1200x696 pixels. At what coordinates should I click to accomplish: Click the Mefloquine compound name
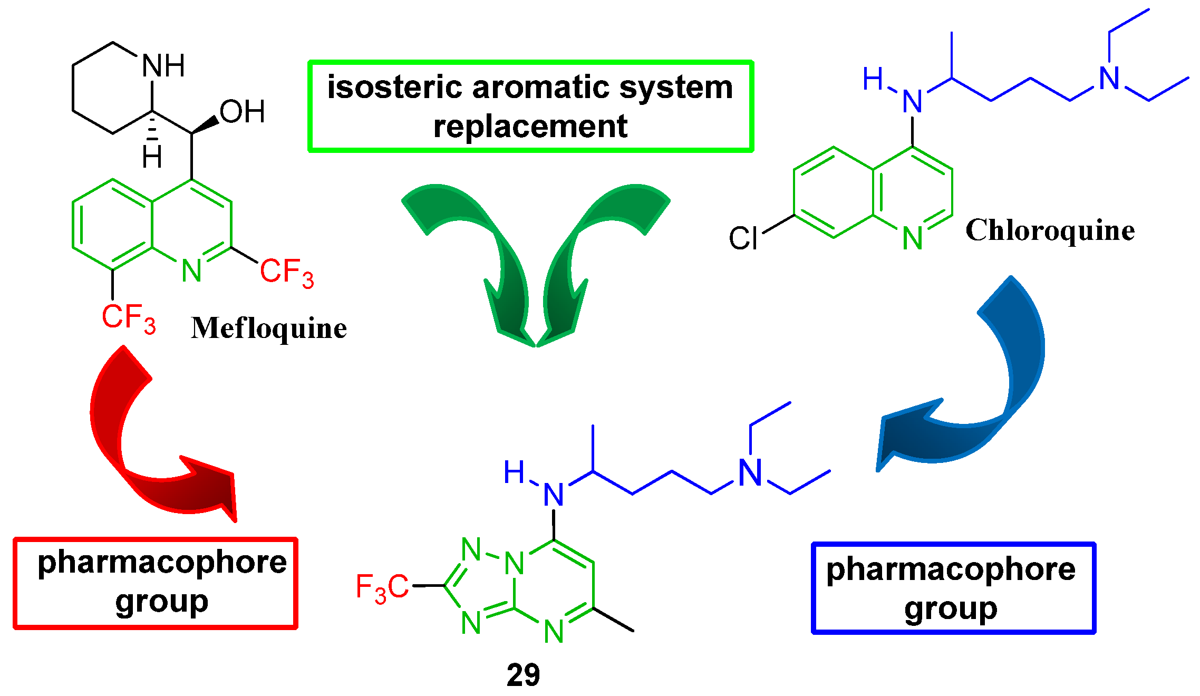pos(268,328)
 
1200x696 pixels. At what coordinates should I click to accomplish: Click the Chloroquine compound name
pos(1050,230)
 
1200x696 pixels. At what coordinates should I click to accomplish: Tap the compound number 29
pos(523,675)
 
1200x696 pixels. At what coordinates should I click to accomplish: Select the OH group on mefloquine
pos(242,112)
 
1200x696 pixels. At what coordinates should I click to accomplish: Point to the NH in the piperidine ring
pos(163,66)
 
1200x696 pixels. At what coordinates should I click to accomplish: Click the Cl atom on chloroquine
pos(743,238)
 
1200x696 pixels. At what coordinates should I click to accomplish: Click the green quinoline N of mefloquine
pos(191,271)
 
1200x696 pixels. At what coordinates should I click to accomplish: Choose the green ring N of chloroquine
pos(913,238)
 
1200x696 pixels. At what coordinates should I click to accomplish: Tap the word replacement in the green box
pos(530,127)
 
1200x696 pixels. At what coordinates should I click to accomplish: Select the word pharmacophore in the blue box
pos(951,570)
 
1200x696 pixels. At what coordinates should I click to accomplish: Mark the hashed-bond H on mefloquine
pos(152,158)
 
